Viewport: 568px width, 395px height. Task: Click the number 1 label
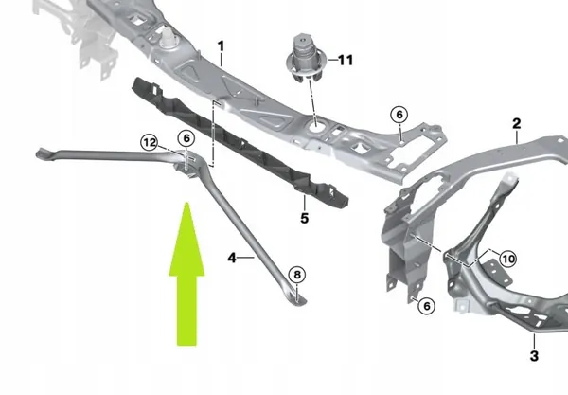click(221, 45)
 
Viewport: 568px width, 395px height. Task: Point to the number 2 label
click(516, 123)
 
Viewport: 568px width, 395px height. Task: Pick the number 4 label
click(233, 256)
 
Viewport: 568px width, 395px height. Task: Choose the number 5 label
click(305, 218)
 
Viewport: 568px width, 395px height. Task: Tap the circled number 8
click(297, 275)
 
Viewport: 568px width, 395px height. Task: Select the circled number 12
click(150, 142)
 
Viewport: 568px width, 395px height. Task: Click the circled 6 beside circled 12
click(186, 137)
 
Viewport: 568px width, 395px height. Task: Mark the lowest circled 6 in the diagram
click(426, 305)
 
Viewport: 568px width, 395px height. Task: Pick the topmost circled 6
click(399, 116)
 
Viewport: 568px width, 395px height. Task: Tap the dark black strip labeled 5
click(237, 142)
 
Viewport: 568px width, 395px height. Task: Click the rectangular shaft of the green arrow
click(187, 308)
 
